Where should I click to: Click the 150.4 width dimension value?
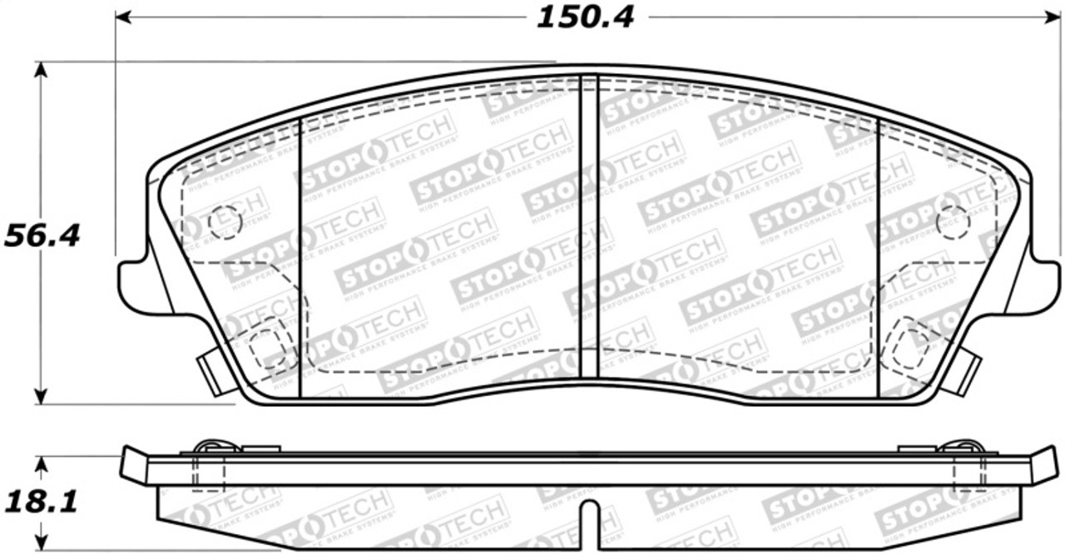(584, 17)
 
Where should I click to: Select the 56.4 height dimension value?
(42, 235)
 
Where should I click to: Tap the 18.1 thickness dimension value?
(42, 503)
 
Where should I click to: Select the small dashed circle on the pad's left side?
(225, 221)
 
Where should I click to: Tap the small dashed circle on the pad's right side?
(952, 221)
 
